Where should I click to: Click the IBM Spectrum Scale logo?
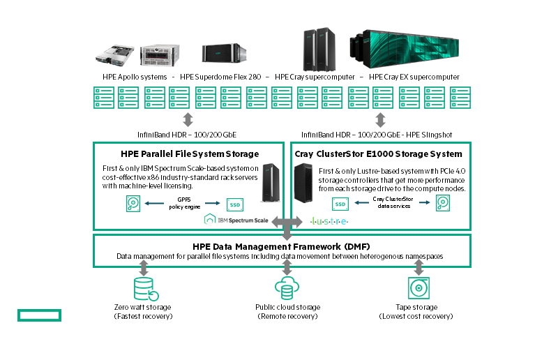point(235,220)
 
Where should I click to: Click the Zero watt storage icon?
point(143,288)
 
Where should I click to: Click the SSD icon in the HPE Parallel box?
point(234,204)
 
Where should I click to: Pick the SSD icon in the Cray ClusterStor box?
point(340,204)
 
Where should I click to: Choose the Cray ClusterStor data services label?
point(391,203)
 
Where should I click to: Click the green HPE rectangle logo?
point(40,316)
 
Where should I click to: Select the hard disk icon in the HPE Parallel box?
point(133,204)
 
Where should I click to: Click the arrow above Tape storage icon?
point(418,268)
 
